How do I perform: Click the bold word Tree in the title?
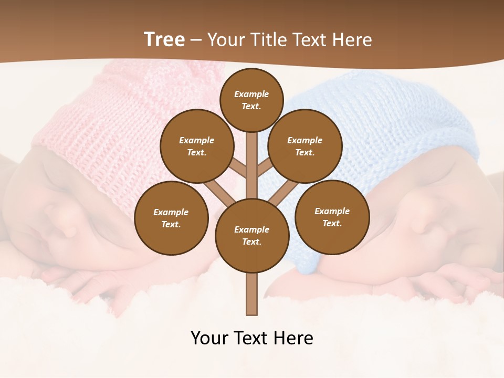[164, 39]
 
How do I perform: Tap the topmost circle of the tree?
[251, 100]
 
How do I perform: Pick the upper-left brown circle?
[196, 146]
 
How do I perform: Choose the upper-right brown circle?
[304, 146]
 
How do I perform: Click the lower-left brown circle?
[171, 218]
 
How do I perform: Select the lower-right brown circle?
[332, 217]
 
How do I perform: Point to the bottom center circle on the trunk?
[252, 236]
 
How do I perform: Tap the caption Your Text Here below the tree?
[252, 338]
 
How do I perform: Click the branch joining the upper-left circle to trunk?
[239, 169]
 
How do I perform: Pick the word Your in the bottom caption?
[210, 338]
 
